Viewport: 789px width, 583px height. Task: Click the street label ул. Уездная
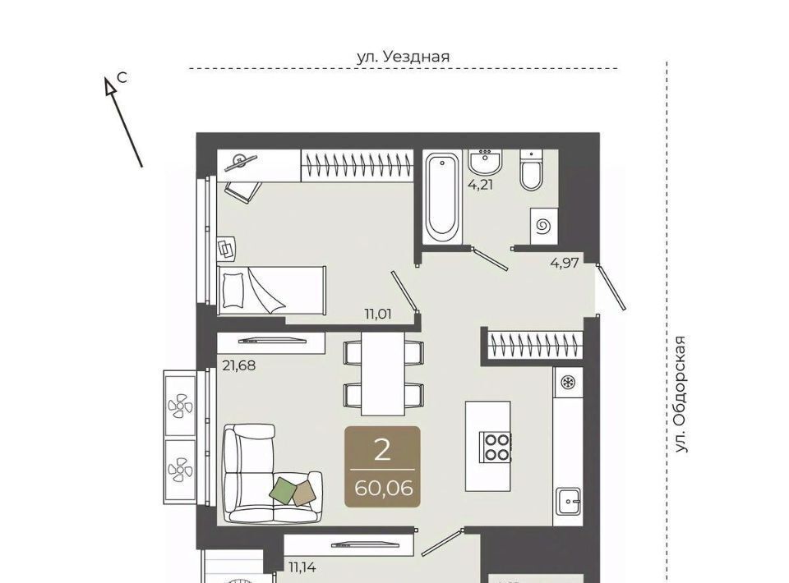click(403, 57)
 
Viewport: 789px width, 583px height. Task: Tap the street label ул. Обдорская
click(681, 394)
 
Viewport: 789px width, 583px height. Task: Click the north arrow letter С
click(122, 78)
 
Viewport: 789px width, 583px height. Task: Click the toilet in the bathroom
click(532, 170)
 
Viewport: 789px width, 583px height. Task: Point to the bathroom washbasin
click(485, 161)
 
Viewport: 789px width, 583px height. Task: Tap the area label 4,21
click(481, 185)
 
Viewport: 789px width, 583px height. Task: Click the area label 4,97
click(565, 263)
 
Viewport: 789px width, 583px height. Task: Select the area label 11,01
click(378, 314)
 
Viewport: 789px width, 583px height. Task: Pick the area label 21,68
click(239, 365)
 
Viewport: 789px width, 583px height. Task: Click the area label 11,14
click(302, 567)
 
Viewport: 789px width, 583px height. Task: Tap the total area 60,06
click(384, 488)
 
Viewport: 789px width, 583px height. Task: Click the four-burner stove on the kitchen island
click(496, 448)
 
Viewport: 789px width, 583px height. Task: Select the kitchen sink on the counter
click(568, 501)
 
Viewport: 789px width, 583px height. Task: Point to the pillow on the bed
click(233, 291)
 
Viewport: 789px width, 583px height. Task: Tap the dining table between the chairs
click(384, 374)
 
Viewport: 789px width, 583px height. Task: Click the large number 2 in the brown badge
click(382, 450)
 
